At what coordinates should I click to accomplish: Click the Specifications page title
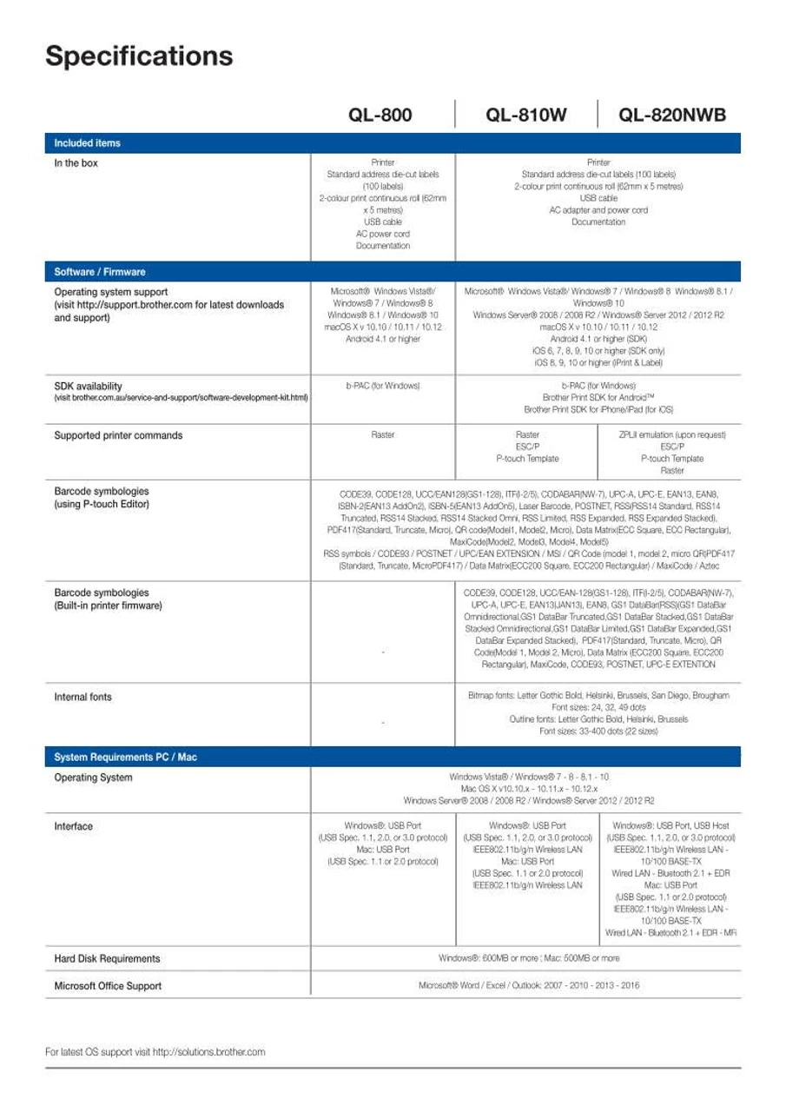click(139, 56)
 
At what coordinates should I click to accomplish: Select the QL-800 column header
click(380, 115)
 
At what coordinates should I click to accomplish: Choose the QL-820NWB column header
click(672, 115)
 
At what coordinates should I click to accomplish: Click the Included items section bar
click(88, 142)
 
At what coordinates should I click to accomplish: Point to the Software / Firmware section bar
click(100, 272)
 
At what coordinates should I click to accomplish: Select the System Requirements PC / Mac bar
click(126, 757)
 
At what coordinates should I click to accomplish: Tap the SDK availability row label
click(89, 386)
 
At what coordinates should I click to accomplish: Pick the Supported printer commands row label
click(118, 436)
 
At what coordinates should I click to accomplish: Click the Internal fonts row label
click(83, 697)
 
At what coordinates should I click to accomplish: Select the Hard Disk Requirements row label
click(107, 959)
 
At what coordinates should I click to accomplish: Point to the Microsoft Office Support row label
click(108, 986)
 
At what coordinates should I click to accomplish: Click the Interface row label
click(74, 826)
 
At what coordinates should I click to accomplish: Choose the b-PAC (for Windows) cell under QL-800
click(382, 385)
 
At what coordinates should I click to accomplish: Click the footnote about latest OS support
click(155, 1052)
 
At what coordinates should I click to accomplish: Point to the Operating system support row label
click(111, 292)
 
